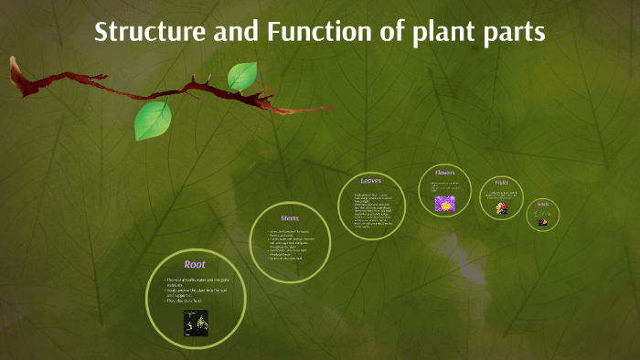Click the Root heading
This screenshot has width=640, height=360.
tap(195, 264)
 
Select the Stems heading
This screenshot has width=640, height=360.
tap(289, 217)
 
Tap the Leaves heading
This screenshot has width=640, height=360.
tap(370, 181)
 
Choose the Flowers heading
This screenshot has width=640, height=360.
tap(444, 171)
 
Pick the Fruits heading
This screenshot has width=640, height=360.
tap(501, 183)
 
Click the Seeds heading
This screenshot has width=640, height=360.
tap(542, 204)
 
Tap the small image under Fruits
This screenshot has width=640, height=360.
tap(501, 208)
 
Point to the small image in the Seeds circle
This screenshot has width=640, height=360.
tap(542, 222)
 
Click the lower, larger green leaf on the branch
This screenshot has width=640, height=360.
tap(153, 120)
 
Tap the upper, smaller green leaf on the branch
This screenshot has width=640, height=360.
tap(242, 76)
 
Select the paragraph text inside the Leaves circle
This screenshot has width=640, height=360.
tap(369, 209)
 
